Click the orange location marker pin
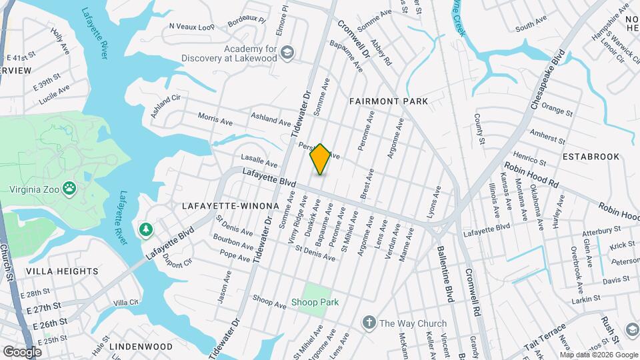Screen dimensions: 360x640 click(320, 159)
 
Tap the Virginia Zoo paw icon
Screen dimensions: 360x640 click(69, 188)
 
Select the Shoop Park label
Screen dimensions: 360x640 click(315, 302)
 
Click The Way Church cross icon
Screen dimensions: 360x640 click(369, 323)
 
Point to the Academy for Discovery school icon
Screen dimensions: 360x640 click(287, 53)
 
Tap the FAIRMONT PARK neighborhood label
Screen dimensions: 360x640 click(388, 101)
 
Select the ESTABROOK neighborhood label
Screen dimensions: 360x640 click(591, 157)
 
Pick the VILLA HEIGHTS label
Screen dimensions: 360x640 click(62, 271)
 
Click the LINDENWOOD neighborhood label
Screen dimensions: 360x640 click(141, 347)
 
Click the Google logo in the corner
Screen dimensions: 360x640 click(22, 351)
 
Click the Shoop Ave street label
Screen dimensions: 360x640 click(269, 301)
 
